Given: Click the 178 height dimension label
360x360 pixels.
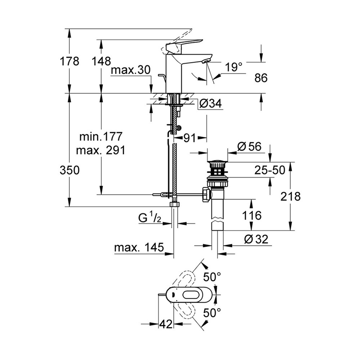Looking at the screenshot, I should click(69, 62).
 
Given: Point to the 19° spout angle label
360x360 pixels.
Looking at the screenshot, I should click(234, 67).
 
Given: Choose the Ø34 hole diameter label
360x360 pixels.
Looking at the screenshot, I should click(210, 104).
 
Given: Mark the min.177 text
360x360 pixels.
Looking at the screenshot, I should click(101, 137).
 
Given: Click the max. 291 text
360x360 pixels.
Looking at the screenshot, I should click(101, 150).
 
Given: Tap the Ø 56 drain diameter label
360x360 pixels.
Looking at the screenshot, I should click(249, 147).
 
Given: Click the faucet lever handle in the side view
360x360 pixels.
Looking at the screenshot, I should click(180, 45).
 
